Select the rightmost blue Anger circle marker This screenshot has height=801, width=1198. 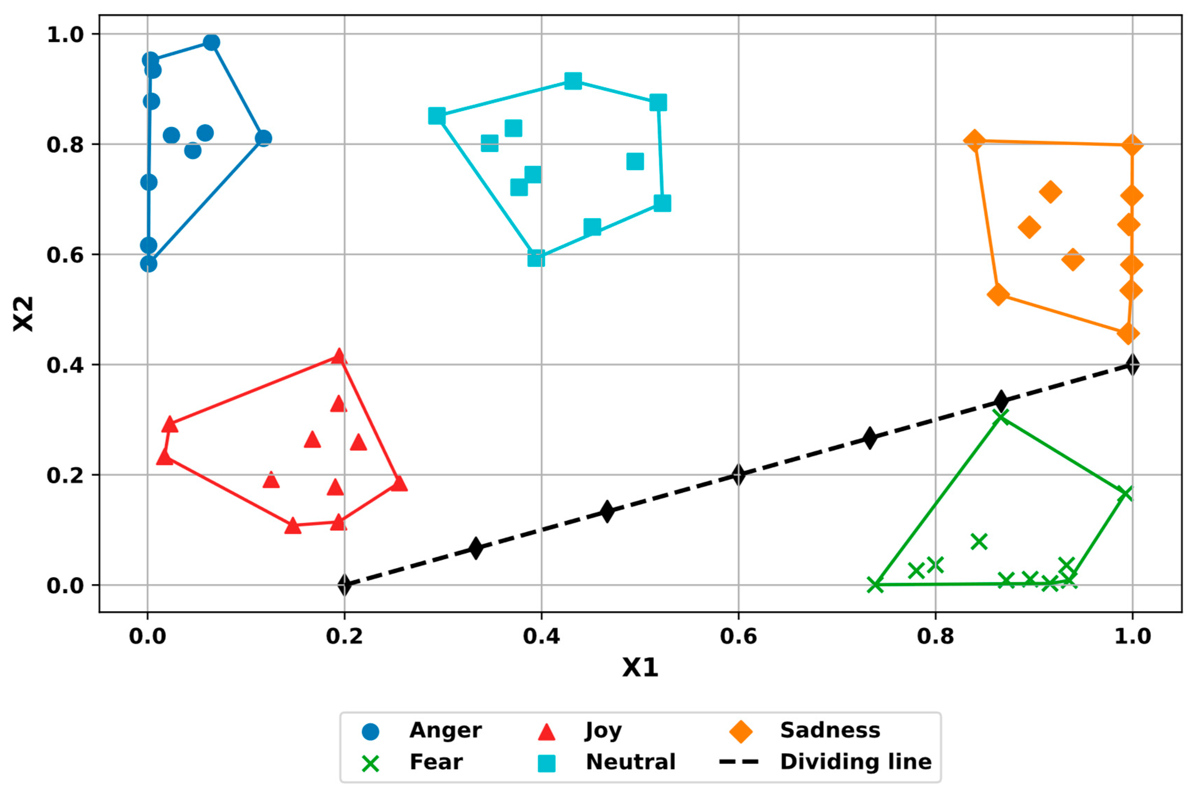click(263, 138)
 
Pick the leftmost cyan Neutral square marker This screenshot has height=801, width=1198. click(437, 116)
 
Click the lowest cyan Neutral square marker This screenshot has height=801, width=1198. click(536, 259)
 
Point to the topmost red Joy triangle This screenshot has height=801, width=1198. click(339, 356)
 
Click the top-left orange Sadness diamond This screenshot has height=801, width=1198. click(974, 140)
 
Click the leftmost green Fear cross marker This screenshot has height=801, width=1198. click(875, 585)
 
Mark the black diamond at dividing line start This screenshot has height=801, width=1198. click(345, 585)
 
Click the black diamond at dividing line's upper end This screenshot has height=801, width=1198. click(1132, 365)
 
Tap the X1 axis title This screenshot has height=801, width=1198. click(640, 667)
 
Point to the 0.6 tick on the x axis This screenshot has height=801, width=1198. click(738, 636)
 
